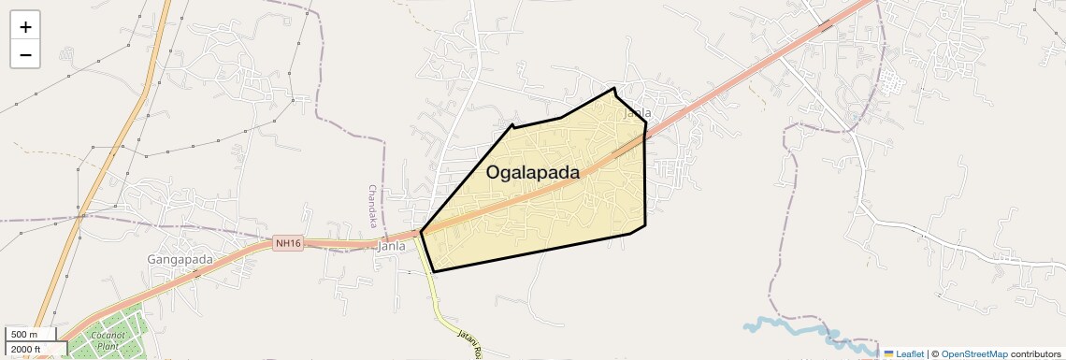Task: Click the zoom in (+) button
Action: pos(25,27)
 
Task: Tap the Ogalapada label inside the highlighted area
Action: pos(532,173)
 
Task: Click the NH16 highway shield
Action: pos(288,244)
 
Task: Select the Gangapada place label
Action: pos(180,259)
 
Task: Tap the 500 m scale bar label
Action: pos(24,334)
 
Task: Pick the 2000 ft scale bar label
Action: pos(26,349)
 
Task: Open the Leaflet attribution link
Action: pos(910,354)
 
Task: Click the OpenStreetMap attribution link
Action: pos(973,354)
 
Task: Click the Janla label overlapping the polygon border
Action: pos(637,113)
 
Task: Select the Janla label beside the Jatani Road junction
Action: pos(391,247)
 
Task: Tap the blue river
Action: pos(795,328)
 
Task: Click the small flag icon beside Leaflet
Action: pos(889,354)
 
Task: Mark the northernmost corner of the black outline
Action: pos(614,89)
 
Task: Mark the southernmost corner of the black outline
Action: pos(434,271)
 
